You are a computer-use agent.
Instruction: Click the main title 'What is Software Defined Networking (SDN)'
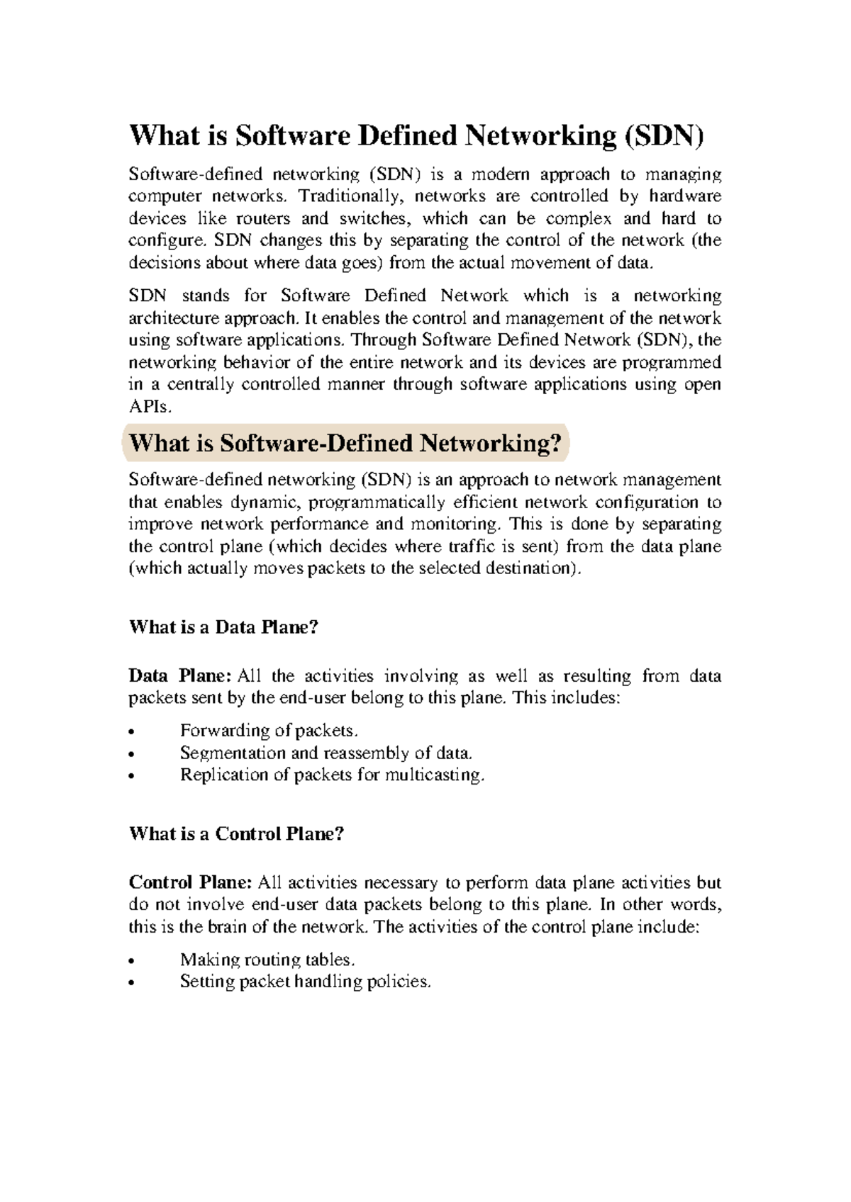click(416, 135)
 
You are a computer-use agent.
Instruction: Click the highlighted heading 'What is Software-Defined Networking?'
click(345, 444)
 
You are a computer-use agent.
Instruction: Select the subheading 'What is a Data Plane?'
click(223, 627)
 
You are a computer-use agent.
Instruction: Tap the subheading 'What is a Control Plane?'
click(236, 833)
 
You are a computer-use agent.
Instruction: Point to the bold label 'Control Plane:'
click(190, 882)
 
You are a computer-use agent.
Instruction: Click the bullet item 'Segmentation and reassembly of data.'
click(326, 753)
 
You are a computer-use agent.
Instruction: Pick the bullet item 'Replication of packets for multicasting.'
click(333, 775)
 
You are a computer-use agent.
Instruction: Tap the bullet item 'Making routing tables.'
click(267, 960)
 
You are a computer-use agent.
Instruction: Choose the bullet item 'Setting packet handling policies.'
click(306, 982)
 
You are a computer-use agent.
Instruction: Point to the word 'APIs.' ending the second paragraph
click(150, 407)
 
